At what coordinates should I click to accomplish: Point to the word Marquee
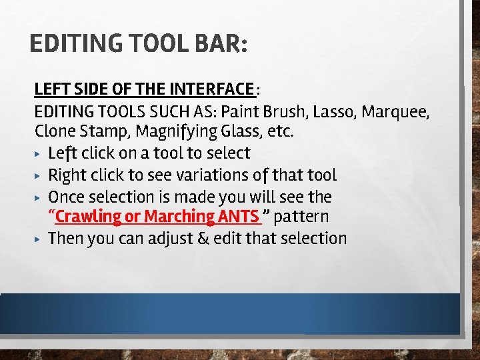click(400, 110)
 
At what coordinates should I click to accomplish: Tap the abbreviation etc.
click(281, 131)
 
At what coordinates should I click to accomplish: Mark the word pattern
click(301, 217)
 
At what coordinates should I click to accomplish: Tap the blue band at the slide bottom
click(230, 313)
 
